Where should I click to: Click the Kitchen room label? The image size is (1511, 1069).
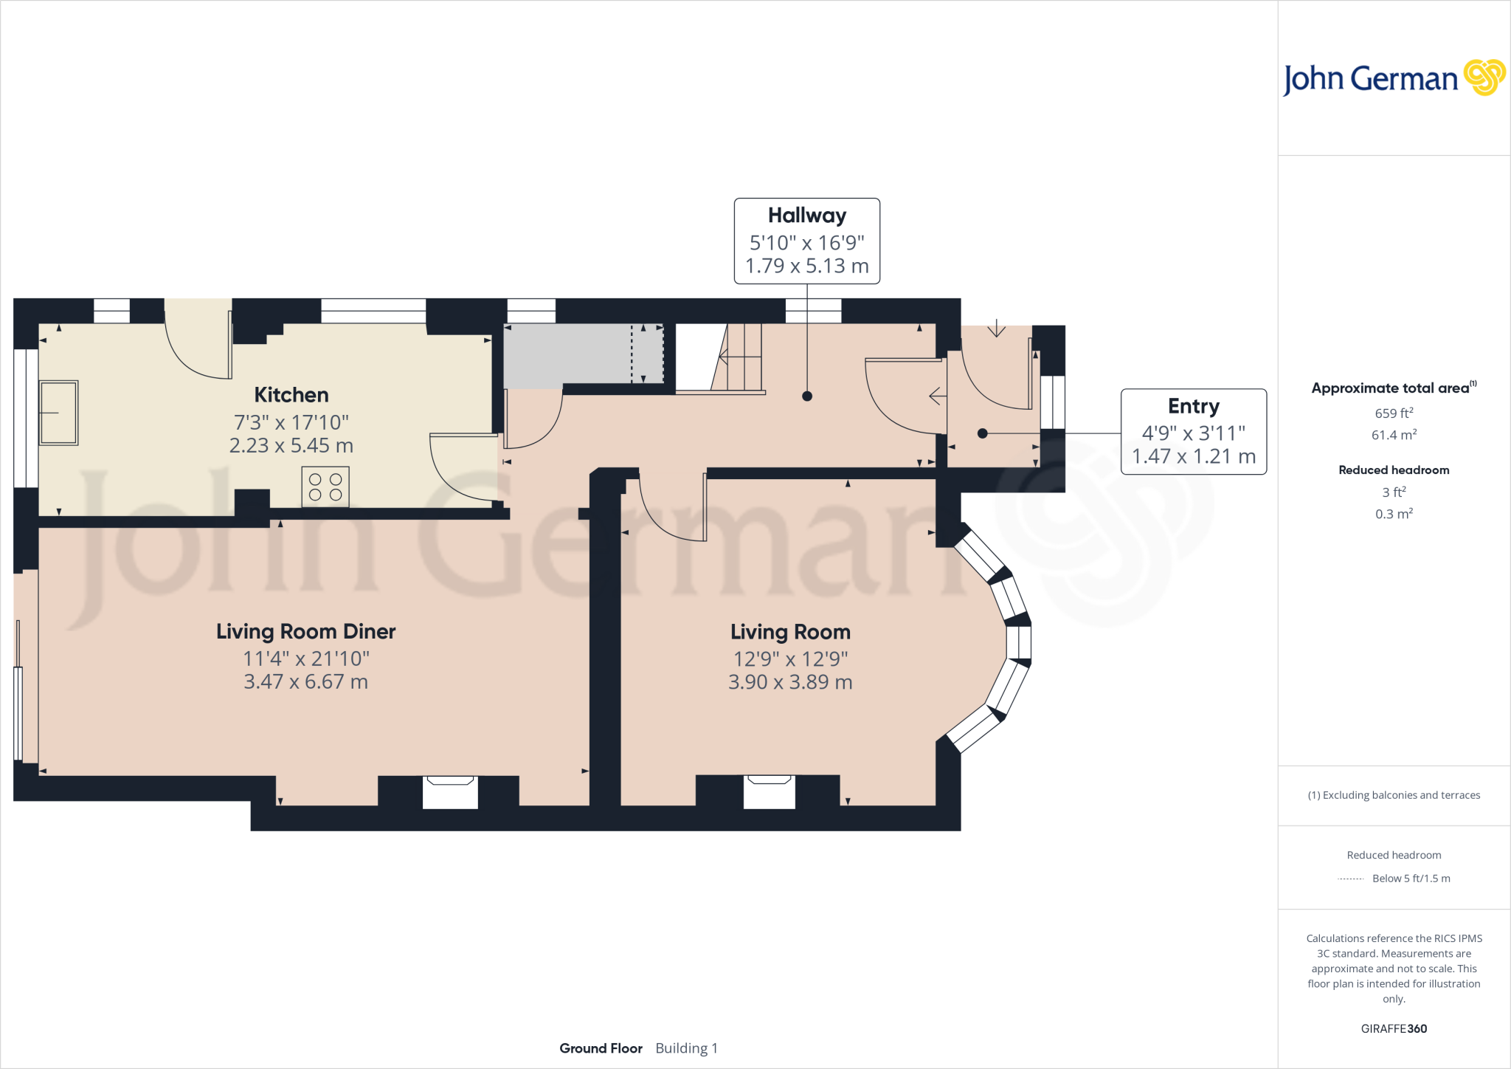[x=291, y=395]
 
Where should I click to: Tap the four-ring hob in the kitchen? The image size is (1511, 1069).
[x=325, y=487]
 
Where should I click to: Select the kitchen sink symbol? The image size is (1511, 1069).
[x=58, y=413]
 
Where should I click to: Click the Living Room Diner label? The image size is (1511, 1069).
[x=305, y=632]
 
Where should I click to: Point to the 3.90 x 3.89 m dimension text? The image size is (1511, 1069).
[x=790, y=682]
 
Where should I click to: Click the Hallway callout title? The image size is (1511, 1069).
[x=806, y=216]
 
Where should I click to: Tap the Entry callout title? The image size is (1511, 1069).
[x=1193, y=407]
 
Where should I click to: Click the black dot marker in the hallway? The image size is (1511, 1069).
[x=807, y=396]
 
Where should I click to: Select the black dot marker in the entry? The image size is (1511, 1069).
[x=982, y=434]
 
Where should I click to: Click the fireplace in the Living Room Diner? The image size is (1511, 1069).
[x=450, y=791]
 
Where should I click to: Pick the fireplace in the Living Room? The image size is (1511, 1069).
[x=769, y=791]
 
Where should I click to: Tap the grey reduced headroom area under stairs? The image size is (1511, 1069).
[x=568, y=354]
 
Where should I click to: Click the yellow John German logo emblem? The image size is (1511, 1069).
[x=1484, y=78]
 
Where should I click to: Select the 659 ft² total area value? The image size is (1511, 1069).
[x=1394, y=413]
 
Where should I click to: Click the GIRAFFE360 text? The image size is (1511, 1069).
[x=1394, y=1028]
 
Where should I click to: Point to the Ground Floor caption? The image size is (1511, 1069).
[x=601, y=1048]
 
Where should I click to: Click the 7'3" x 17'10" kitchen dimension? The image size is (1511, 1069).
[x=291, y=422]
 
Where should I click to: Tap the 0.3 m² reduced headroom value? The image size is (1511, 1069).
[x=1394, y=514]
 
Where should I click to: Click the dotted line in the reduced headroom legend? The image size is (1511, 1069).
[x=1350, y=879]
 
